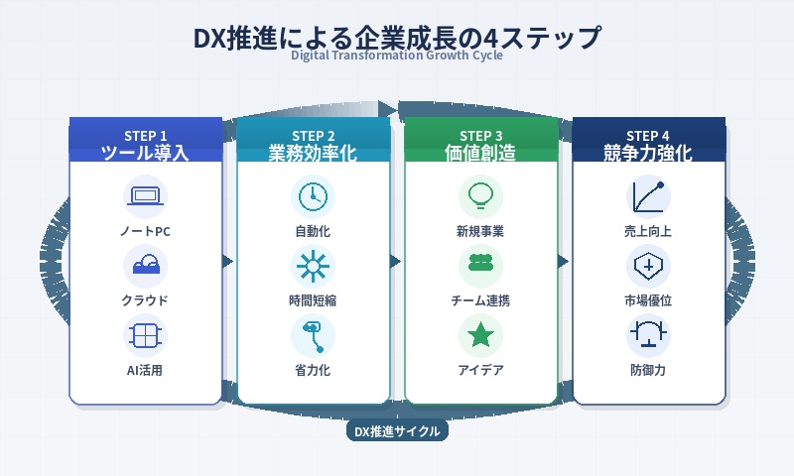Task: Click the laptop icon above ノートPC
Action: coord(145,195)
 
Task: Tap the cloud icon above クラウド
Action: coord(145,265)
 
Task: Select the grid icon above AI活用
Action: coord(145,335)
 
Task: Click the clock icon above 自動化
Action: coord(313,195)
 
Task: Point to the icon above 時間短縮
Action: coord(313,265)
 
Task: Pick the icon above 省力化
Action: coord(313,335)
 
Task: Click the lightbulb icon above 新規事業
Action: coord(480,194)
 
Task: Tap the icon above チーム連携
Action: coord(480,265)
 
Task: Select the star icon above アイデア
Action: coord(480,335)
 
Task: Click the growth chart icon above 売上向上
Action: coord(649,195)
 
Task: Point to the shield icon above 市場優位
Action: coord(649,265)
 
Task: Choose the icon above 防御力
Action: coord(649,335)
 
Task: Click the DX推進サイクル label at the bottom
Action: coord(397,431)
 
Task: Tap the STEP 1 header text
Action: coord(145,136)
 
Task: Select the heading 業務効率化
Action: coord(313,153)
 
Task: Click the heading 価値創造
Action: coord(480,153)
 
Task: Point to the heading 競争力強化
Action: coord(649,153)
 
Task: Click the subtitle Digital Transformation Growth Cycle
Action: coord(397,56)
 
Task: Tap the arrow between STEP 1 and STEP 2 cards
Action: coord(228,262)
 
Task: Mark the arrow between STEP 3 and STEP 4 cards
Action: coord(564,262)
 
